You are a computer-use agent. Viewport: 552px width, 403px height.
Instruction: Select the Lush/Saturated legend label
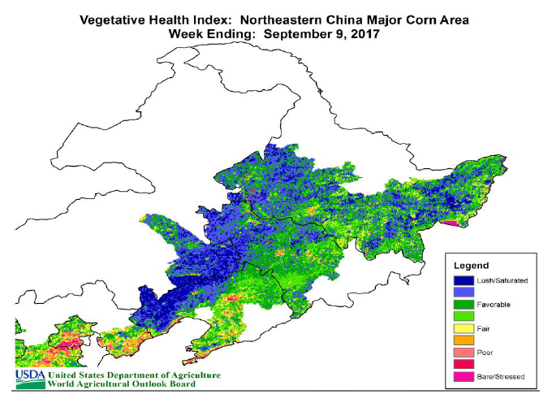[x=505, y=280]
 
